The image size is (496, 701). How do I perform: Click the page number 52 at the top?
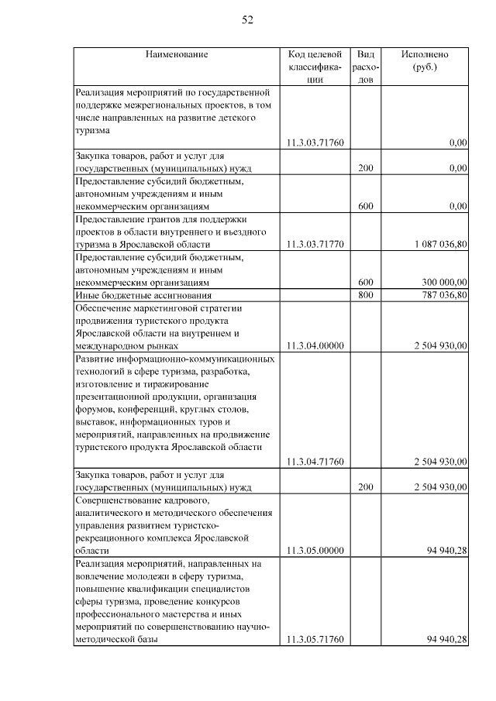tap(247, 21)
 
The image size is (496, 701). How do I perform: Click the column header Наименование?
tap(176, 55)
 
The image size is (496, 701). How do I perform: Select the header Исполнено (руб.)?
tap(425, 60)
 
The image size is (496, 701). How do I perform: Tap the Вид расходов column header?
tap(367, 67)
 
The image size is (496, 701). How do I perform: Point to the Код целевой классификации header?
tap(315, 67)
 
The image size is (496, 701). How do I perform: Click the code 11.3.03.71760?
tap(315, 143)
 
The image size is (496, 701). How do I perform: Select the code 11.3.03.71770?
tap(315, 244)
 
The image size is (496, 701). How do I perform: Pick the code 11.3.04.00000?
tap(315, 345)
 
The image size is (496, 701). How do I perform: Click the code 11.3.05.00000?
tap(315, 550)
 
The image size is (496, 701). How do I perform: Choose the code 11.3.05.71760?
tap(315, 639)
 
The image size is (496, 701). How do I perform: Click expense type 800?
tap(367, 295)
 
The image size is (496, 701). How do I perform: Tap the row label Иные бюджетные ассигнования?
tap(133, 295)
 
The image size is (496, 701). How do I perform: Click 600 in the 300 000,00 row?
tap(367, 282)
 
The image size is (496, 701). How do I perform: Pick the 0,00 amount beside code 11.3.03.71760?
tap(458, 143)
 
